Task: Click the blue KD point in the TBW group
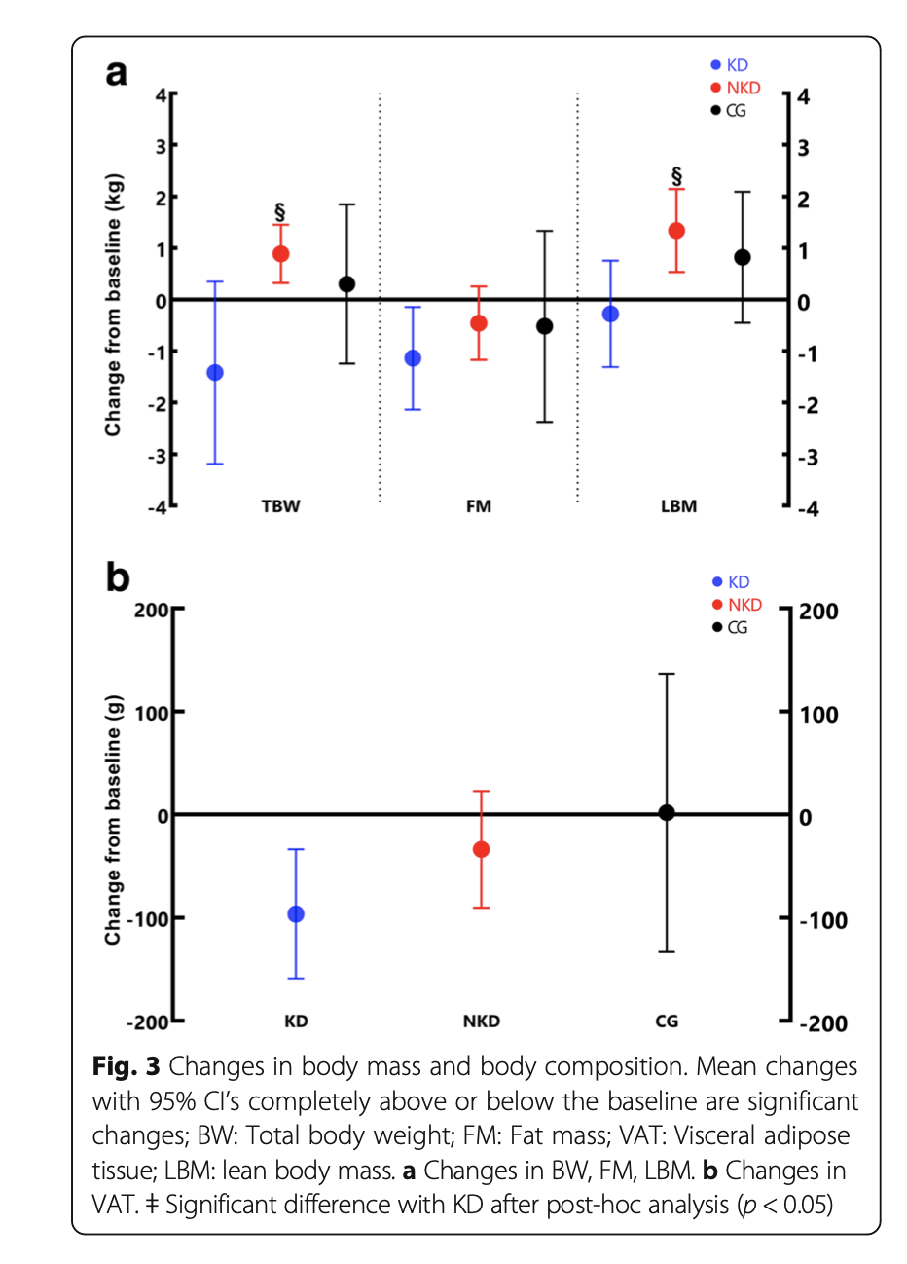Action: click(215, 373)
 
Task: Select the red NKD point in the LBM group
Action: click(676, 231)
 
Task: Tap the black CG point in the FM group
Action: click(545, 326)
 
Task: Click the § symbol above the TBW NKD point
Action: click(280, 211)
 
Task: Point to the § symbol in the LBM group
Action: click(676, 176)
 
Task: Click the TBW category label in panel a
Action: click(280, 506)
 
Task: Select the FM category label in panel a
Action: click(479, 506)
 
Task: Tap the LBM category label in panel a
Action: click(678, 506)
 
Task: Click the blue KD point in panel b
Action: click(296, 914)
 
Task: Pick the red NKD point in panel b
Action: click(481, 850)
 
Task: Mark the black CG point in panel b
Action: click(667, 813)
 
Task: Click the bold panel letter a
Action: click(117, 73)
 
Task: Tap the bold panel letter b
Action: click(118, 577)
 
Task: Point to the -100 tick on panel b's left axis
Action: click(148, 918)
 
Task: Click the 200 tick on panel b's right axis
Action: click(817, 612)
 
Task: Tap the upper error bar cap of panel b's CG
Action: click(667, 674)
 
